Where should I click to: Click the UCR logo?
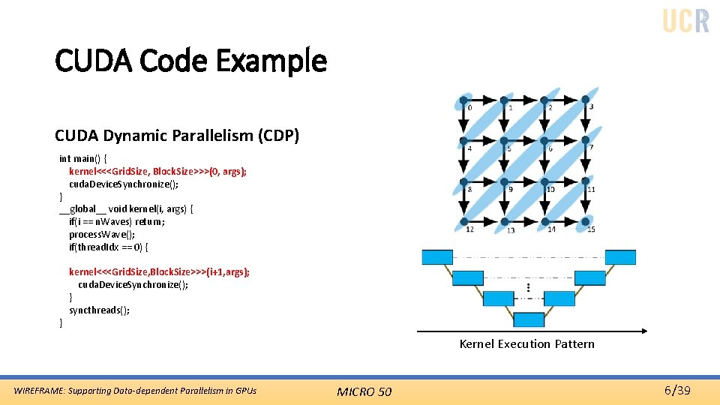685,20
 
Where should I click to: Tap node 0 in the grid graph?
464,99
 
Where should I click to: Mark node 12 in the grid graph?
464,220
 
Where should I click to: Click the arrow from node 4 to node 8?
464,160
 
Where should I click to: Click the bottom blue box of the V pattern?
529,320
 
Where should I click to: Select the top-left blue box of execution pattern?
437,257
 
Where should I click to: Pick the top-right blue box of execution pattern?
620,257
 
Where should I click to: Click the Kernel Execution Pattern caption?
526,344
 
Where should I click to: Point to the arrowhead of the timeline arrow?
643,331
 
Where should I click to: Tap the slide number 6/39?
677,390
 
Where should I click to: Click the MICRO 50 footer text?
364,391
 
